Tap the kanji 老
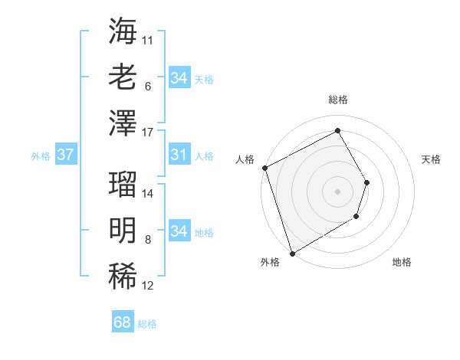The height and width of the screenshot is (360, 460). coord(123,77)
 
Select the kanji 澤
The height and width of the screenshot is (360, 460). coord(123,122)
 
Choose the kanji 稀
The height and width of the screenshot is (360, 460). coord(123,275)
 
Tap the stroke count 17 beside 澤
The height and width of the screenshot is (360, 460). coord(148,133)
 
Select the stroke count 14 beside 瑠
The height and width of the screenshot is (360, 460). coord(148,192)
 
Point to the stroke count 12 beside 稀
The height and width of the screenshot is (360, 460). coord(148,286)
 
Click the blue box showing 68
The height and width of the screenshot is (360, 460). coord(123,322)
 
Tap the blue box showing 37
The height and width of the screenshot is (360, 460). coord(65,155)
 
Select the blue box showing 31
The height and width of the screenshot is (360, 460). coord(179,155)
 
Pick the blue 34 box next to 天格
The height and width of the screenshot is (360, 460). coord(179,77)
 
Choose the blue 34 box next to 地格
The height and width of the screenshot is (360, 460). coord(179,231)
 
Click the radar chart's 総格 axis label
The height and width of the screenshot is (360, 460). coord(337,100)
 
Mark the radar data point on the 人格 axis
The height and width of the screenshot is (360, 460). coord(264,168)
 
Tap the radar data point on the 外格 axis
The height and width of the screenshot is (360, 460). coord(293,253)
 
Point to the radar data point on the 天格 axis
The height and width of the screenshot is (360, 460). coord(367,182)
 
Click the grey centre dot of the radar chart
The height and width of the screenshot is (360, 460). coord(337,191)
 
